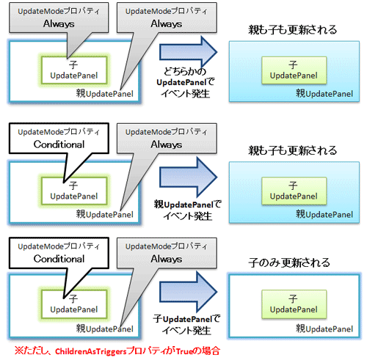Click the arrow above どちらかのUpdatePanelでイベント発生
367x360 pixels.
click(x=189, y=52)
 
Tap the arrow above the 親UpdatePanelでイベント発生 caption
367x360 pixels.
click(x=189, y=173)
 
